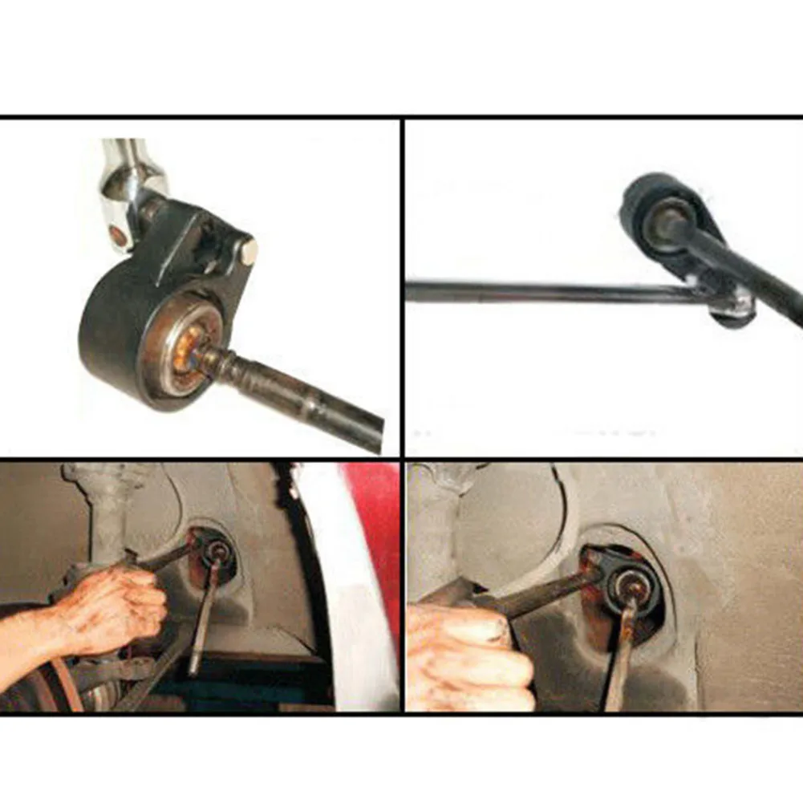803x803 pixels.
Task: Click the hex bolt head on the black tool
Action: coord(248,251)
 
